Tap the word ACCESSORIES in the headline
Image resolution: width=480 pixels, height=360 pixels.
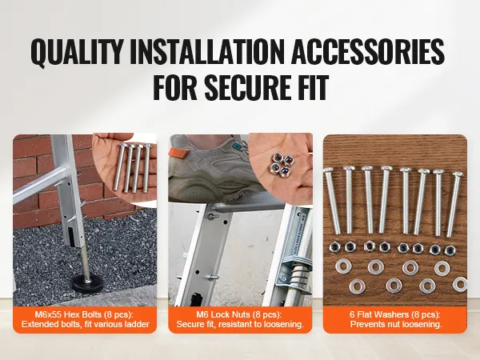(x=368, y=51)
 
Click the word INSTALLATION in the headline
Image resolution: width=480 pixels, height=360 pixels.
(x=207, y=51)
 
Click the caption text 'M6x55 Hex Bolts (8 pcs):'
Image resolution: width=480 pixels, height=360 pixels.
(x=85, y=314)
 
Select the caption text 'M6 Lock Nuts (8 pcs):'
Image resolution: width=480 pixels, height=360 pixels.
(x=239, y=314)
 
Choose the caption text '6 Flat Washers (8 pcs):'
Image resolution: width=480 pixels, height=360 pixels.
(x=395, y=314)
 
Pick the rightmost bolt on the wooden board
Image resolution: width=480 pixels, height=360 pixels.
(x=454, y=204)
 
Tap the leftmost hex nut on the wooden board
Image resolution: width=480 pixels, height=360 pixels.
(x=334, y=246)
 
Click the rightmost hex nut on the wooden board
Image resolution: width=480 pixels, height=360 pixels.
(x=450, y=250)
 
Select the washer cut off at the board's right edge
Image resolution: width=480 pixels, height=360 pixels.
(x=460, y=284)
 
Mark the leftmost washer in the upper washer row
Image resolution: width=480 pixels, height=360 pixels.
(x=343, y=266)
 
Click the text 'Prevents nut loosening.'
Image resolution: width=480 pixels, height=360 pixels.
(x=396, y=324)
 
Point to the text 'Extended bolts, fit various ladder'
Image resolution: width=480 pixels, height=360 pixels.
(x=86, y=324)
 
